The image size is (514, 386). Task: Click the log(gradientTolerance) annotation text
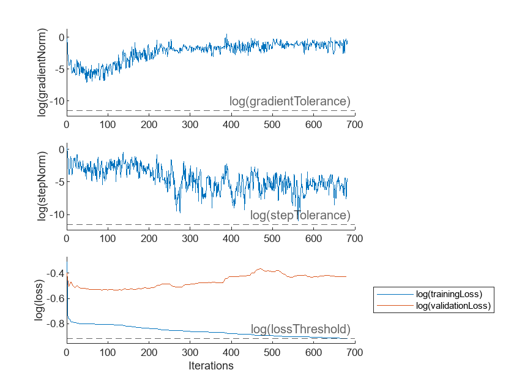(x=289, y=102)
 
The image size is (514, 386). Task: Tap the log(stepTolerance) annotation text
(x=300, y=216)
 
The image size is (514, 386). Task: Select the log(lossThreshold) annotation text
(x=300, y=329)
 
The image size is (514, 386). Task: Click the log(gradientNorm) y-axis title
(x=42, y=73)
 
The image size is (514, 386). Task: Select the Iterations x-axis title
(x=210, y=366)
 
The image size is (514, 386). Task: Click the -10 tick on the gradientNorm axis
(x=54, y=100)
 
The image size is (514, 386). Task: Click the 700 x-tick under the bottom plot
(x=355, y=352)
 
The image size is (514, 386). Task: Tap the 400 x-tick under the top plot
(x=231, y=124)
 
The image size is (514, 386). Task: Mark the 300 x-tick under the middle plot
(x=190, y=238)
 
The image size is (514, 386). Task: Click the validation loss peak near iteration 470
(x=261, y=268)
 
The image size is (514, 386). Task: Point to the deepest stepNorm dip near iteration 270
(x=179, y=212)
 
